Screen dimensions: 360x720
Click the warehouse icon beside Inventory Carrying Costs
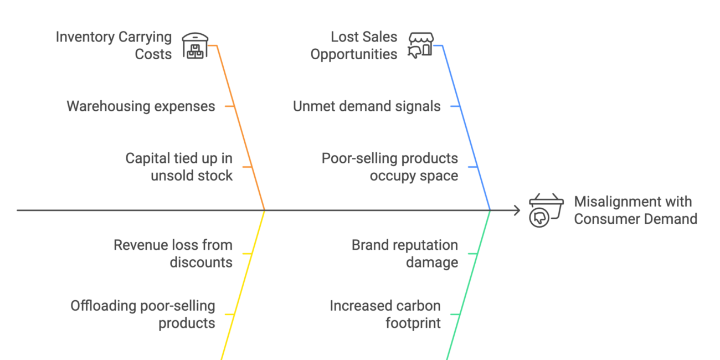pos(194,45)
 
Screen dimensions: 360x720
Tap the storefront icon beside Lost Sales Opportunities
pos(420,45)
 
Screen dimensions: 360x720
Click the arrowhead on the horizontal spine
pos(517,210)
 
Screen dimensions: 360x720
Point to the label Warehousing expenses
pos(141,106)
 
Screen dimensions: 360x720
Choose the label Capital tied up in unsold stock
pos(179,167)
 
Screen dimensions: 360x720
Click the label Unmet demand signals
pos(367,106)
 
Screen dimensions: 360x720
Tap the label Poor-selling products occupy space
pos(390,167)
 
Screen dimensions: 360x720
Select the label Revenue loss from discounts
pos(173,253)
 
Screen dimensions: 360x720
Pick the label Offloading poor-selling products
pos(143,314)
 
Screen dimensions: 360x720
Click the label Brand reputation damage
pos(405,253)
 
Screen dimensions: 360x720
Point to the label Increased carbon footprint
pos(385,314)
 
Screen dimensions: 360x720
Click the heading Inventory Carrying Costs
pos(114,45)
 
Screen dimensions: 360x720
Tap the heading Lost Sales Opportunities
pos(354,45)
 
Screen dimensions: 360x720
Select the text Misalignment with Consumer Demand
pos(635,210)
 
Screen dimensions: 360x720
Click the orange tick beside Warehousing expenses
pos(229,106)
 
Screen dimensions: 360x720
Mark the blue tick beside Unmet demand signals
pos(455,106)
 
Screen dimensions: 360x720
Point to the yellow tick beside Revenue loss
pos(246,253)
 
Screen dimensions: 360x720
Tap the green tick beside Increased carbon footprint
pos(454,314)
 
